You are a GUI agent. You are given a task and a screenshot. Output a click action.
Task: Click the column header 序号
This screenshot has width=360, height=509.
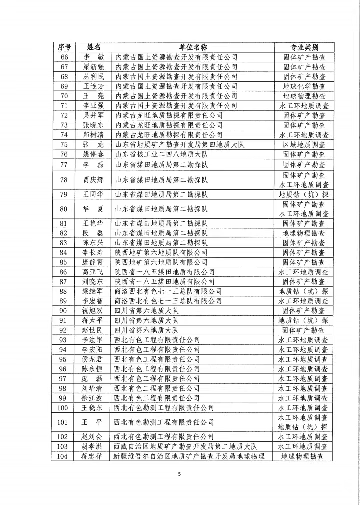64,47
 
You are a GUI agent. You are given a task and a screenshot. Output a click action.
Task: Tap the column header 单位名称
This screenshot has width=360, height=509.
193,47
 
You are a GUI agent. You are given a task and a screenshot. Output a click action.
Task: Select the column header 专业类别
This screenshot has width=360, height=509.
304,47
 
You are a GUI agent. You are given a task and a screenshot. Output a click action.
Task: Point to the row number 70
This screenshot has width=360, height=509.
64,96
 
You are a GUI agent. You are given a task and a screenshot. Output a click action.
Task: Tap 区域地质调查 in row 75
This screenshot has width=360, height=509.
304,145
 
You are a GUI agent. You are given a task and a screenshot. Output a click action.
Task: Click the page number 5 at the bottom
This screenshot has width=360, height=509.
179,474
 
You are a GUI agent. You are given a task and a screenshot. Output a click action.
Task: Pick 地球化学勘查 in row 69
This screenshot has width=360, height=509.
304,86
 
